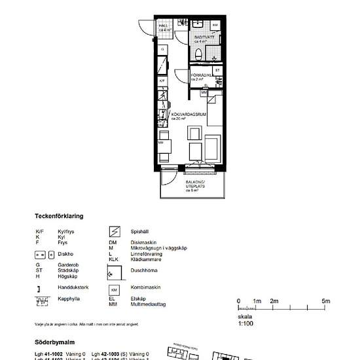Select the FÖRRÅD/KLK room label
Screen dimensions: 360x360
click(x=200, y=77)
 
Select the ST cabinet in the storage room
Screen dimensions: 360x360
click(x=217, y=69)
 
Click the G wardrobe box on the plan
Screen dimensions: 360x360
click(x=163, y=49)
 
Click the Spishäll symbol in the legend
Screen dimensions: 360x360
click(x=114, y=231)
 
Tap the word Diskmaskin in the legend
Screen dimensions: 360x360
click(x=142, y=242)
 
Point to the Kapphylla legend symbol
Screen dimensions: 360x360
click(x=41, y=301)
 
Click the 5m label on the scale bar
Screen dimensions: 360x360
click(x=326, y=301)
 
